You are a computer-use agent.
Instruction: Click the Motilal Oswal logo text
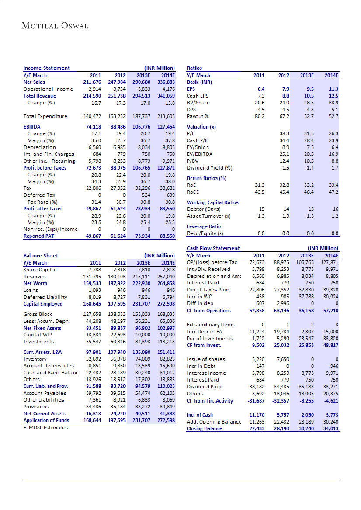(55, 26)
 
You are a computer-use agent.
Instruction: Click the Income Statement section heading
(46, 68)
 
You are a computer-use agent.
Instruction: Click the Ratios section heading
(194, 68)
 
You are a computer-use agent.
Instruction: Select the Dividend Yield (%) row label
(209, 168)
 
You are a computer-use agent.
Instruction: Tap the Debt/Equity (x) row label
(205, 233)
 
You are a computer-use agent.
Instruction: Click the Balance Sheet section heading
(41, 256)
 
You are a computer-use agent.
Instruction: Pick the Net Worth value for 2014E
(166, 284)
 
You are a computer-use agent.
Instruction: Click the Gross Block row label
(38, 314)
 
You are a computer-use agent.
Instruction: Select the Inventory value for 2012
(118, 359)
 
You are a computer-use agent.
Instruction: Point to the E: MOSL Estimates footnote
(46, 428)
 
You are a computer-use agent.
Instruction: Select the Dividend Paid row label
(204, 387)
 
